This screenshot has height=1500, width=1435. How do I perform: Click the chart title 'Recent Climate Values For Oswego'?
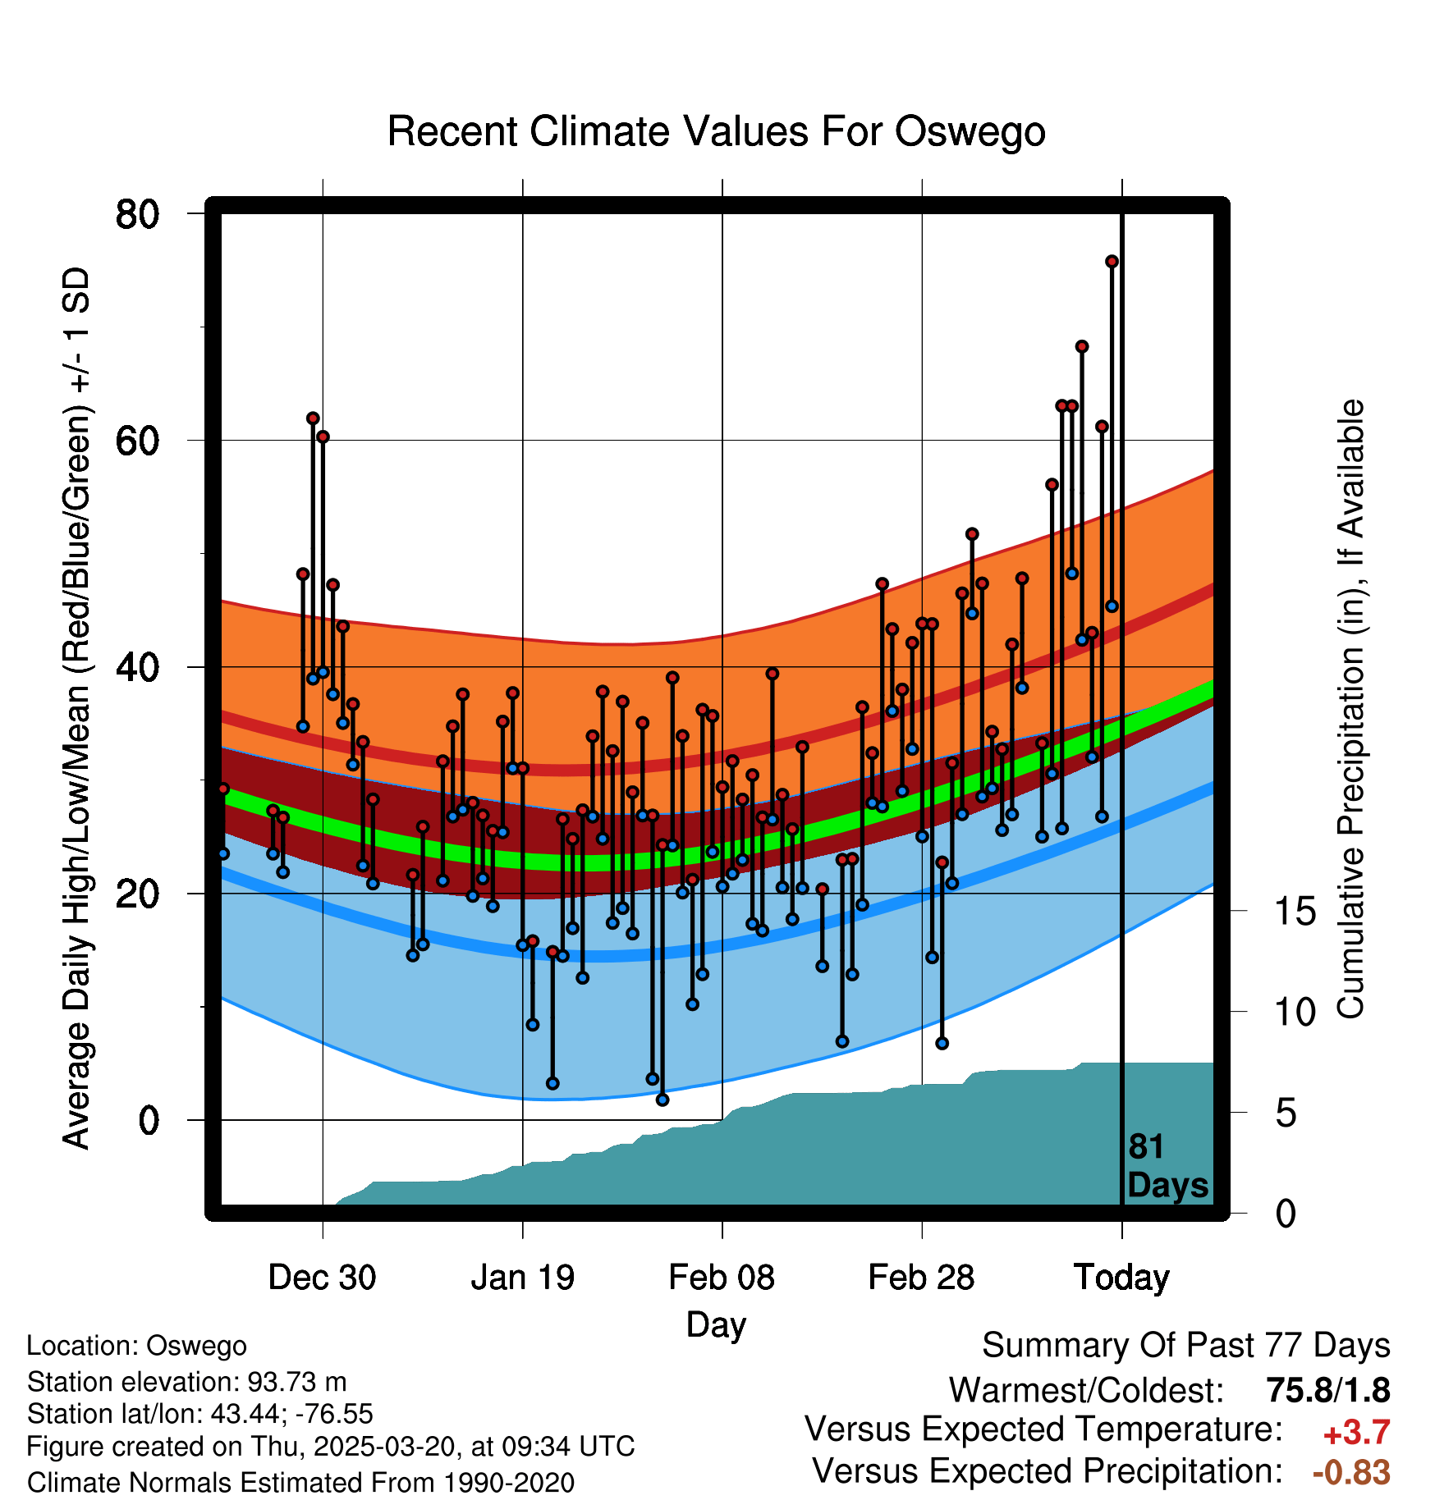716,131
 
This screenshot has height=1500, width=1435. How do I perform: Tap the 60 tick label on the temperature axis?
137,441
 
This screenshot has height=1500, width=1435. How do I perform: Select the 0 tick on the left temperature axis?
149,1120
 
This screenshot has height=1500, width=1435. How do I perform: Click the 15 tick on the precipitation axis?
1295,912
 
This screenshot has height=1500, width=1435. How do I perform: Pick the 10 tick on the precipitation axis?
1295,1013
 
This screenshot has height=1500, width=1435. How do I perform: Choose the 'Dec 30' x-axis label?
322,1278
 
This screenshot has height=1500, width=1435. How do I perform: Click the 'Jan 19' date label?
522,1278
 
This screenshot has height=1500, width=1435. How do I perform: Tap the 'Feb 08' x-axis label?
722,1278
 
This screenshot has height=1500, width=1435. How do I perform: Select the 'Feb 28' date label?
921,1278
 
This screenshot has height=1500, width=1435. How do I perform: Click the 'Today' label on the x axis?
1121,1278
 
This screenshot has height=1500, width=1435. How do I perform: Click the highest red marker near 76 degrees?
1112,262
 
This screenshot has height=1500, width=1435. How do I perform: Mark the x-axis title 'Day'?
716,1324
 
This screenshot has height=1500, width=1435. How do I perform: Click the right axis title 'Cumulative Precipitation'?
1351,710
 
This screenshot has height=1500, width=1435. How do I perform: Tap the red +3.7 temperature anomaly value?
1356,1433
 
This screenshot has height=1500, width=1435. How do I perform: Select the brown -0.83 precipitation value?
1351,1472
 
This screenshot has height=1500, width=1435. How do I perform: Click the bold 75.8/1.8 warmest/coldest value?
1327,1390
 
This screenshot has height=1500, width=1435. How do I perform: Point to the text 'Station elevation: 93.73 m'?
187,1382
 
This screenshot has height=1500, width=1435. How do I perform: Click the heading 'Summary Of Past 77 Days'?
1185,1346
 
